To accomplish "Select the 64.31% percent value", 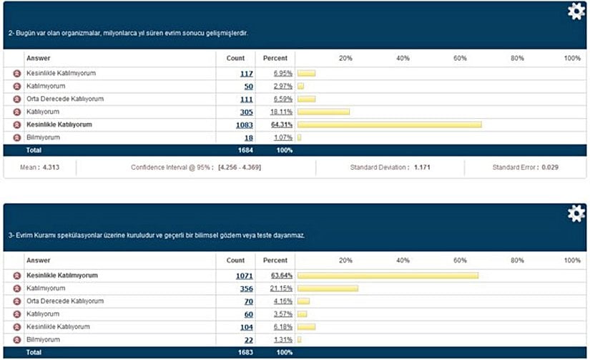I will coord(281,125).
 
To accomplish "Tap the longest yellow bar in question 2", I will coord(390,125).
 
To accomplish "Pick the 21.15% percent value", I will coord(281,288).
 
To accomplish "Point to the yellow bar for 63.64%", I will coord(388,276).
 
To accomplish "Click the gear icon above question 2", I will coord(576,11).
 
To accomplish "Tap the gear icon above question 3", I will coord(576,213).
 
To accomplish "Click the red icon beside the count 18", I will coord(17,137).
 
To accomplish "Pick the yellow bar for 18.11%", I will coord(324,112).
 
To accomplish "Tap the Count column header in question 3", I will coord(235,261).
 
